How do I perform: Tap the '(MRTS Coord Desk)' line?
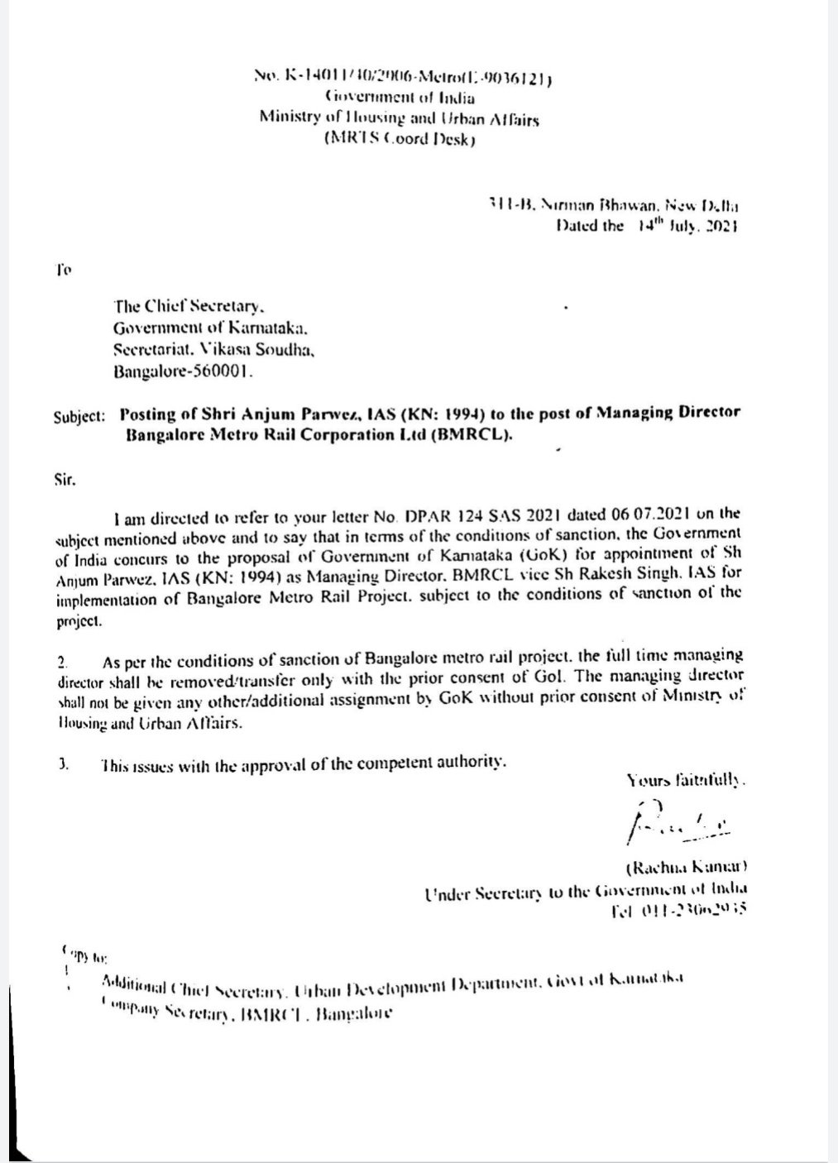pos(400,139)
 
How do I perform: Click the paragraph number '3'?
pos(62,764)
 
